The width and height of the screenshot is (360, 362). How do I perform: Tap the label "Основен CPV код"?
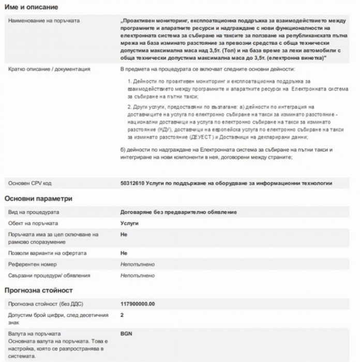click(x=29, y=183)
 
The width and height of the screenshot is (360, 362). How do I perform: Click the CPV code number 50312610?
click(x=132, y=183)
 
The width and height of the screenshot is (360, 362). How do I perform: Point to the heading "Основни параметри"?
click(x=39, y=198)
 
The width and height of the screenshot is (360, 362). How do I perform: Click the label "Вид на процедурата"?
click(x=34, y=212)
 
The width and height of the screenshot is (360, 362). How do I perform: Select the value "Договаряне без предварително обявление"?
click(x=178, y=212)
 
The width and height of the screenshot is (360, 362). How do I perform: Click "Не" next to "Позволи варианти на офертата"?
click(x=123, y=253)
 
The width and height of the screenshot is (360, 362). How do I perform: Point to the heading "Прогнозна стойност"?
click(x=39, y=290)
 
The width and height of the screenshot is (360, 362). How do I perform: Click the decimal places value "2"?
click(x=122, y=315)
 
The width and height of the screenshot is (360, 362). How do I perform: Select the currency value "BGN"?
click(x=126, y=333)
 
